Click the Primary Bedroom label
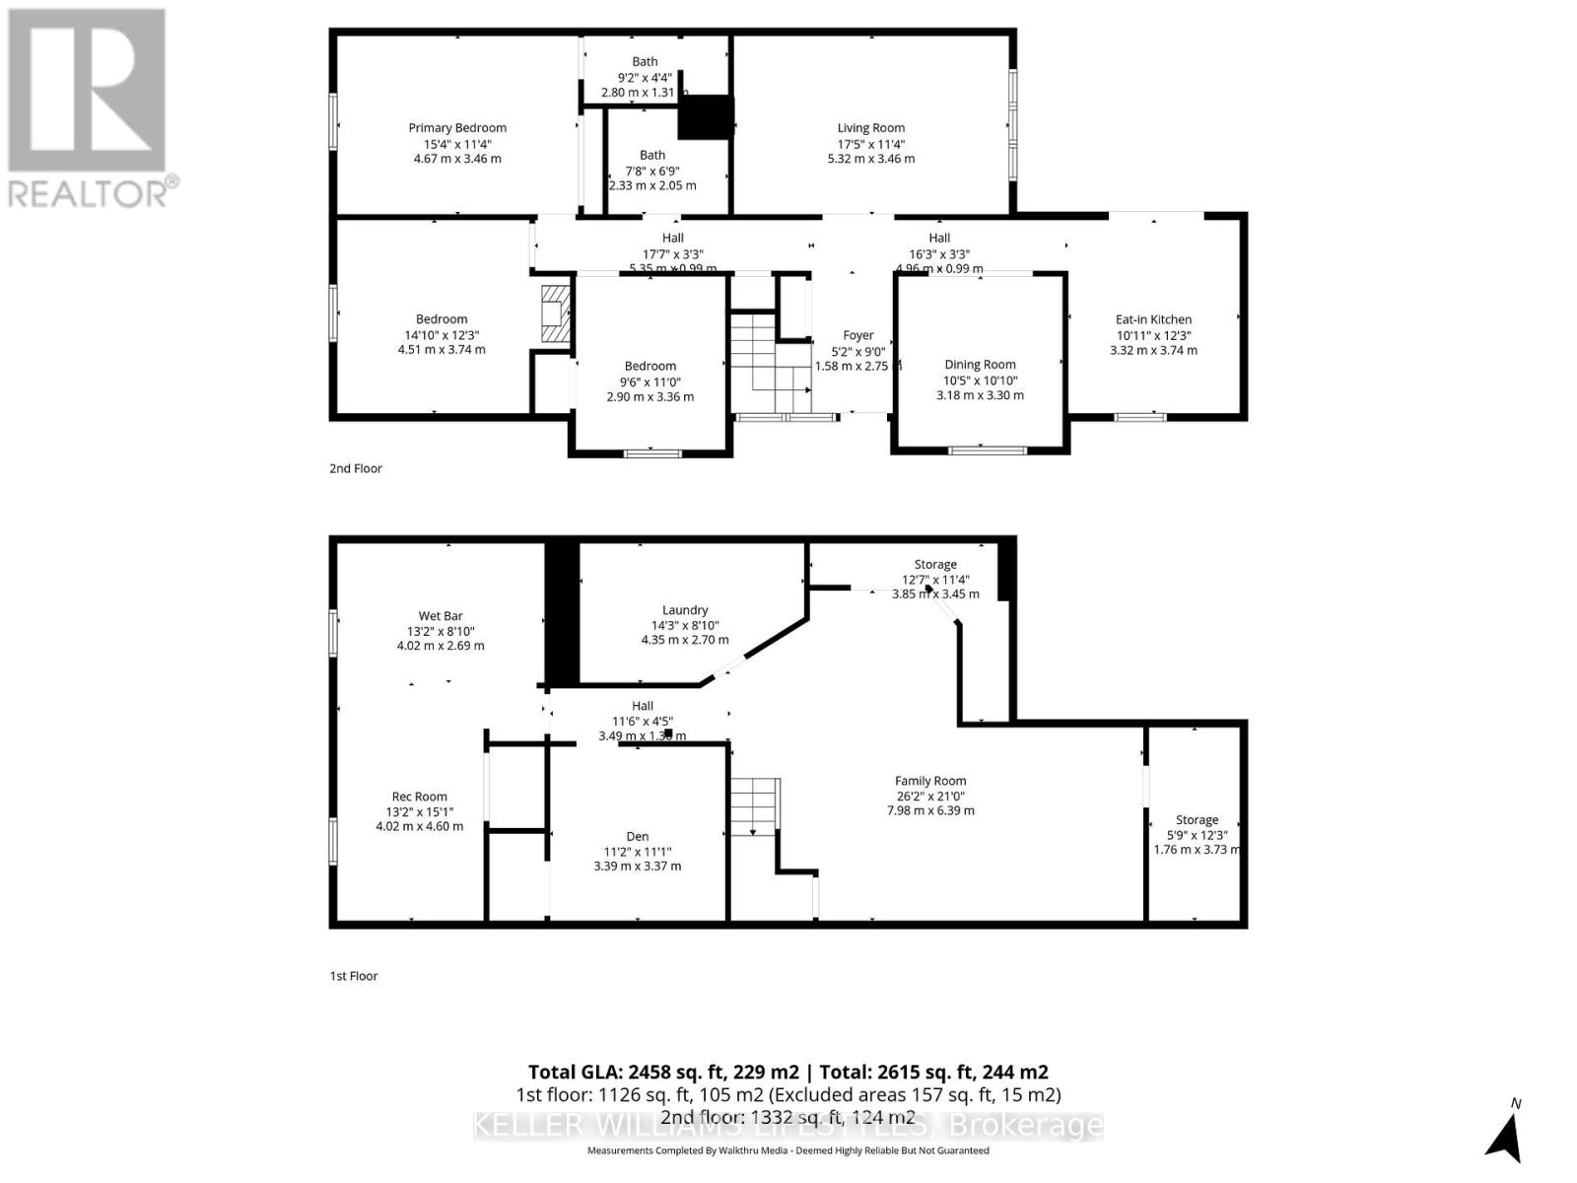tap(457, 128)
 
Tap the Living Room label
tap(870, 128)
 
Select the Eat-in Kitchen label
tap(1153, 319)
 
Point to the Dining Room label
tap(980, 365)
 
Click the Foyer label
tap(857, 336)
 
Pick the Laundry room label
tap(685, 610)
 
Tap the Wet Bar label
tap(440, 616)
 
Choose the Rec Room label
tap(419, 797)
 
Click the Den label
tap(637, 836)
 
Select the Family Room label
tap(930, 781)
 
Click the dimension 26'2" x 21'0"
tap(930, 797)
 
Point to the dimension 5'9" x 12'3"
tap(1197, 835)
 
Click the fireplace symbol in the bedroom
tap(556, 314)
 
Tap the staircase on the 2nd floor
tap(769, 365)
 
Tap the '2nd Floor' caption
tap(355, 468)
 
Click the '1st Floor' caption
tap(353, 976)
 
